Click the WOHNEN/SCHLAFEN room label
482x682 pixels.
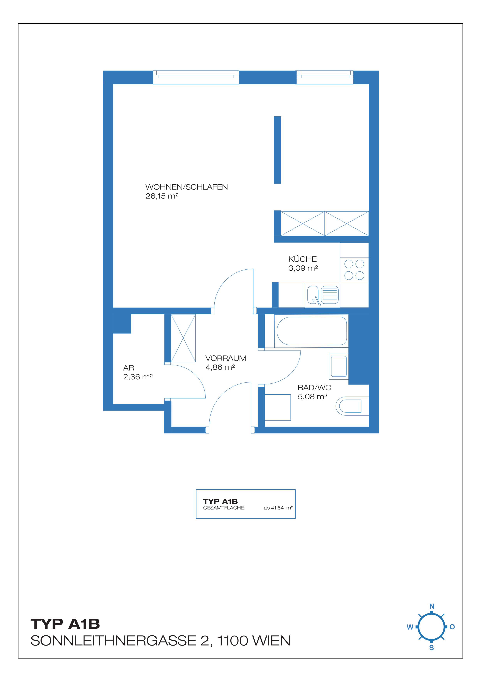pos(186,187)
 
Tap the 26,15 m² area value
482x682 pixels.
pos(162,196)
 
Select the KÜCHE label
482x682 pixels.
pos(302,259)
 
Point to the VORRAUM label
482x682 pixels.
pos(226,358)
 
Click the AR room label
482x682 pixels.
pos(129,368)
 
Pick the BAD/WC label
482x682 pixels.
pos(314,387)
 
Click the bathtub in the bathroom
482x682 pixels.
pos(312,331)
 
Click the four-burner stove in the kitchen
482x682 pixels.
pos(354,270)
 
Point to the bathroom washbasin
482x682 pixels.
pos(339,366)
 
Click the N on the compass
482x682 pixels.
pos(432,606)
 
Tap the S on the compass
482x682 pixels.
pos(432,648)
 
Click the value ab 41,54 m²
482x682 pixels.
pos(278,508)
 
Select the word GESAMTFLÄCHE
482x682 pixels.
pos(224,508)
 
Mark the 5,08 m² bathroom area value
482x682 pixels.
pos(313,397)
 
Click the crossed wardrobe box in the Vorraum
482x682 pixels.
pos(183,338)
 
